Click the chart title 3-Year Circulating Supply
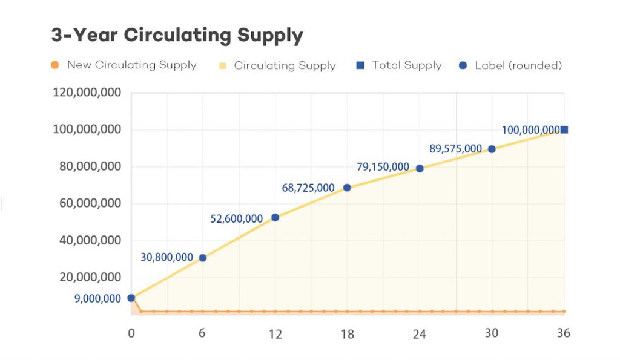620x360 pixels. tap(177, 36)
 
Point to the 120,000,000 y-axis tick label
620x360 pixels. tap(87, 93)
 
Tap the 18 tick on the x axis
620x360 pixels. tap(347, 333)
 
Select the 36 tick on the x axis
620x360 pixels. tap(563, 333)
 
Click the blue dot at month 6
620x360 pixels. tap(203, 258)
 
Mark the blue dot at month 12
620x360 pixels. tap(275, 217)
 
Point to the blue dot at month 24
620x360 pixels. tap(420, 169)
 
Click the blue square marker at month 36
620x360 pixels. tap(564, 129)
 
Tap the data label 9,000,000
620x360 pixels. tap(97, 298)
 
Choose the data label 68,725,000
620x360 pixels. tap(308, 188)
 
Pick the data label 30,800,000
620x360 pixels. tap(167, 257)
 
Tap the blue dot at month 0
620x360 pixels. tap(131, 298)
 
